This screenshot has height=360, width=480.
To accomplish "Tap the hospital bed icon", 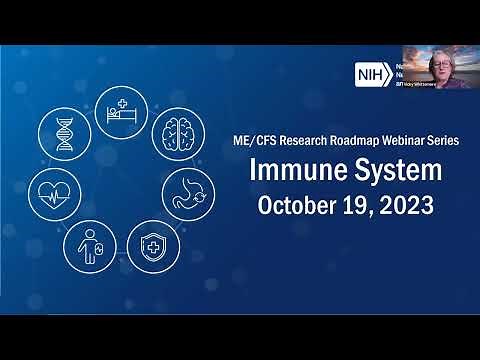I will tap(117, 106).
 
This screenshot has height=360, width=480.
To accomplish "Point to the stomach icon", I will tap(191, 188).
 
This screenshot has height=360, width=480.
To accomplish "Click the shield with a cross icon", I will tap(148, 241).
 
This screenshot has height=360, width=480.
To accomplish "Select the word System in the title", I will tap(385, 174).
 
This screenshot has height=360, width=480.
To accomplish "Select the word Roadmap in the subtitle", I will tap(349, 142).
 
